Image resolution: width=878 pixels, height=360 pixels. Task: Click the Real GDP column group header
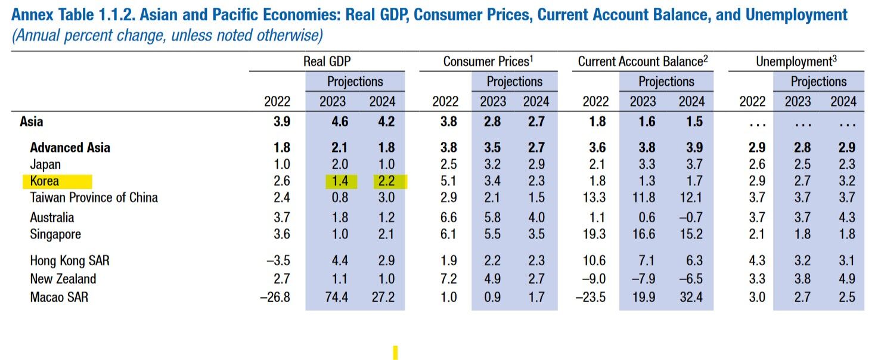[x=327, y=61]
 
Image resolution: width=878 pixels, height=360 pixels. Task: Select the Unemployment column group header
[x=795, y=61]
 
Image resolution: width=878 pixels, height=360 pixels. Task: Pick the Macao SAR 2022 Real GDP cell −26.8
[x=275, y=296]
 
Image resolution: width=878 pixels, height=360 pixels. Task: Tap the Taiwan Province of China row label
[x=94, y=197]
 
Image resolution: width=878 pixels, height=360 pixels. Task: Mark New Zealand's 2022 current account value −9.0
[x=591, y=278]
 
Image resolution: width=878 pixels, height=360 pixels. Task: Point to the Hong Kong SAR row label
[x=70, y=260]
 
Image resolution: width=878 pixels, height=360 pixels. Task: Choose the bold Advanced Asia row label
[x=70, y=147]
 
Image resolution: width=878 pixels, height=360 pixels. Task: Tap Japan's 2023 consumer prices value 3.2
[x=493, y=164]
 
